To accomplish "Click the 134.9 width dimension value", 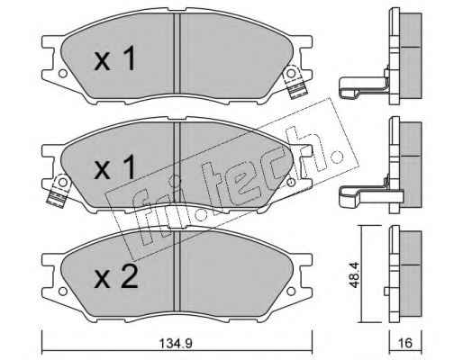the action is [176, 343].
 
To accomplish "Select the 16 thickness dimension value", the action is [405, 343].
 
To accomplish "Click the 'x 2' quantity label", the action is [116, 277].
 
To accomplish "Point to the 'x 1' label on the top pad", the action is [115, 59].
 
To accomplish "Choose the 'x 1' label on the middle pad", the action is [115, 168].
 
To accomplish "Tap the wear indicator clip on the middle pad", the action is [59, 191].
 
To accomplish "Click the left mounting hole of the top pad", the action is [62, 73].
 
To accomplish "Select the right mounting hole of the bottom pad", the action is [291, 291].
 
